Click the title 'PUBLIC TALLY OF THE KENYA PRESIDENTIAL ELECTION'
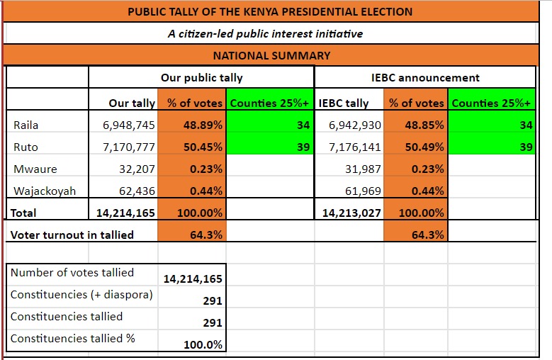point(270,11)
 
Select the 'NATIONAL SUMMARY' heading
point(271,55)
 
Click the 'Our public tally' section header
point(201,78)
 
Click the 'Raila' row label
point(26,125)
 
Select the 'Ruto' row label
point(26,147)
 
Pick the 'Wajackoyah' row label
point(45,191)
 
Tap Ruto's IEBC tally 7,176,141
point(355,147)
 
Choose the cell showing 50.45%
point(205,147)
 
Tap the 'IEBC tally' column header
point(344,103)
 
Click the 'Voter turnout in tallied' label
point(72,235)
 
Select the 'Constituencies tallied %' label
point(73,339)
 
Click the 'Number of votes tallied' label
point(72,272)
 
